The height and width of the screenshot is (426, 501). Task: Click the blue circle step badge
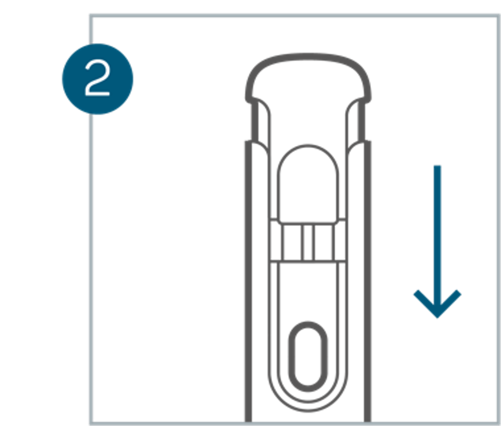(97, 79)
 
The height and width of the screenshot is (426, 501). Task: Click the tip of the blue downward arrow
(437, 318)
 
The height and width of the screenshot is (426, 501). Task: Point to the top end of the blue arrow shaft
(437, 166)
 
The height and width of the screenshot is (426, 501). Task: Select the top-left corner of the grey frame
(91, 16)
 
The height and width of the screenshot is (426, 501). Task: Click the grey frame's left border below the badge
(91, 273)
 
